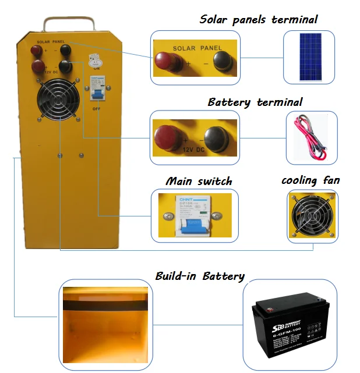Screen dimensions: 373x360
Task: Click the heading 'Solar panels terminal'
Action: tap(259, 19)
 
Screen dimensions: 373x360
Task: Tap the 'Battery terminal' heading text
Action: tap(255, 102)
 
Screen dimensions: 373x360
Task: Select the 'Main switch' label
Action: tap(198, 181)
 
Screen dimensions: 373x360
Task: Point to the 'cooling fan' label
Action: tap(310, 180)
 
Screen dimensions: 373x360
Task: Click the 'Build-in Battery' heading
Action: tap(200, 276)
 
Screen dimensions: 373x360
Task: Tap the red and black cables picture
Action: tap(312, 138)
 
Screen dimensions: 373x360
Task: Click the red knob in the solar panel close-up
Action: tap(167, 59)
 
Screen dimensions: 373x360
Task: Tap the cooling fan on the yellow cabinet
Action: tap(59, 103)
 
